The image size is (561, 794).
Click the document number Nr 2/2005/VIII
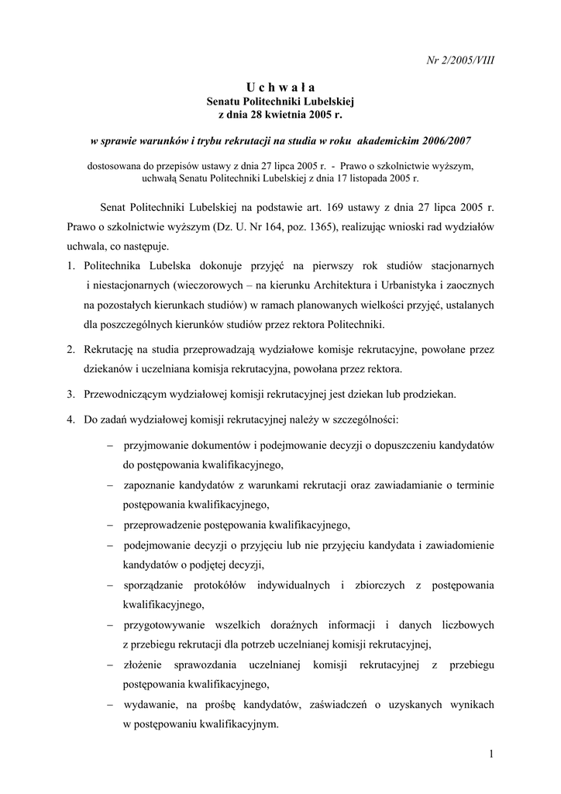[462, 60]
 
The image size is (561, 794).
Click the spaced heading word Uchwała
[280, 86]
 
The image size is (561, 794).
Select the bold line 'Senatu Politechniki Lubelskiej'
[280, 101]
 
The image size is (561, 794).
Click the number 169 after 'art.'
[342, 209]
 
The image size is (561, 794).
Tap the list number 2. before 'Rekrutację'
[71, 350]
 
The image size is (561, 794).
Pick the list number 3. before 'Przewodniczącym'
[71, 394]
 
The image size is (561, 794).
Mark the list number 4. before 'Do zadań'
[71, 419]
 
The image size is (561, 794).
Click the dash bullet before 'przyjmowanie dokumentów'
[110, 446]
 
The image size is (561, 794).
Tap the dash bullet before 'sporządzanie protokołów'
[110, 585]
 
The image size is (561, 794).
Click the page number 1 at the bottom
[492, 754]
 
